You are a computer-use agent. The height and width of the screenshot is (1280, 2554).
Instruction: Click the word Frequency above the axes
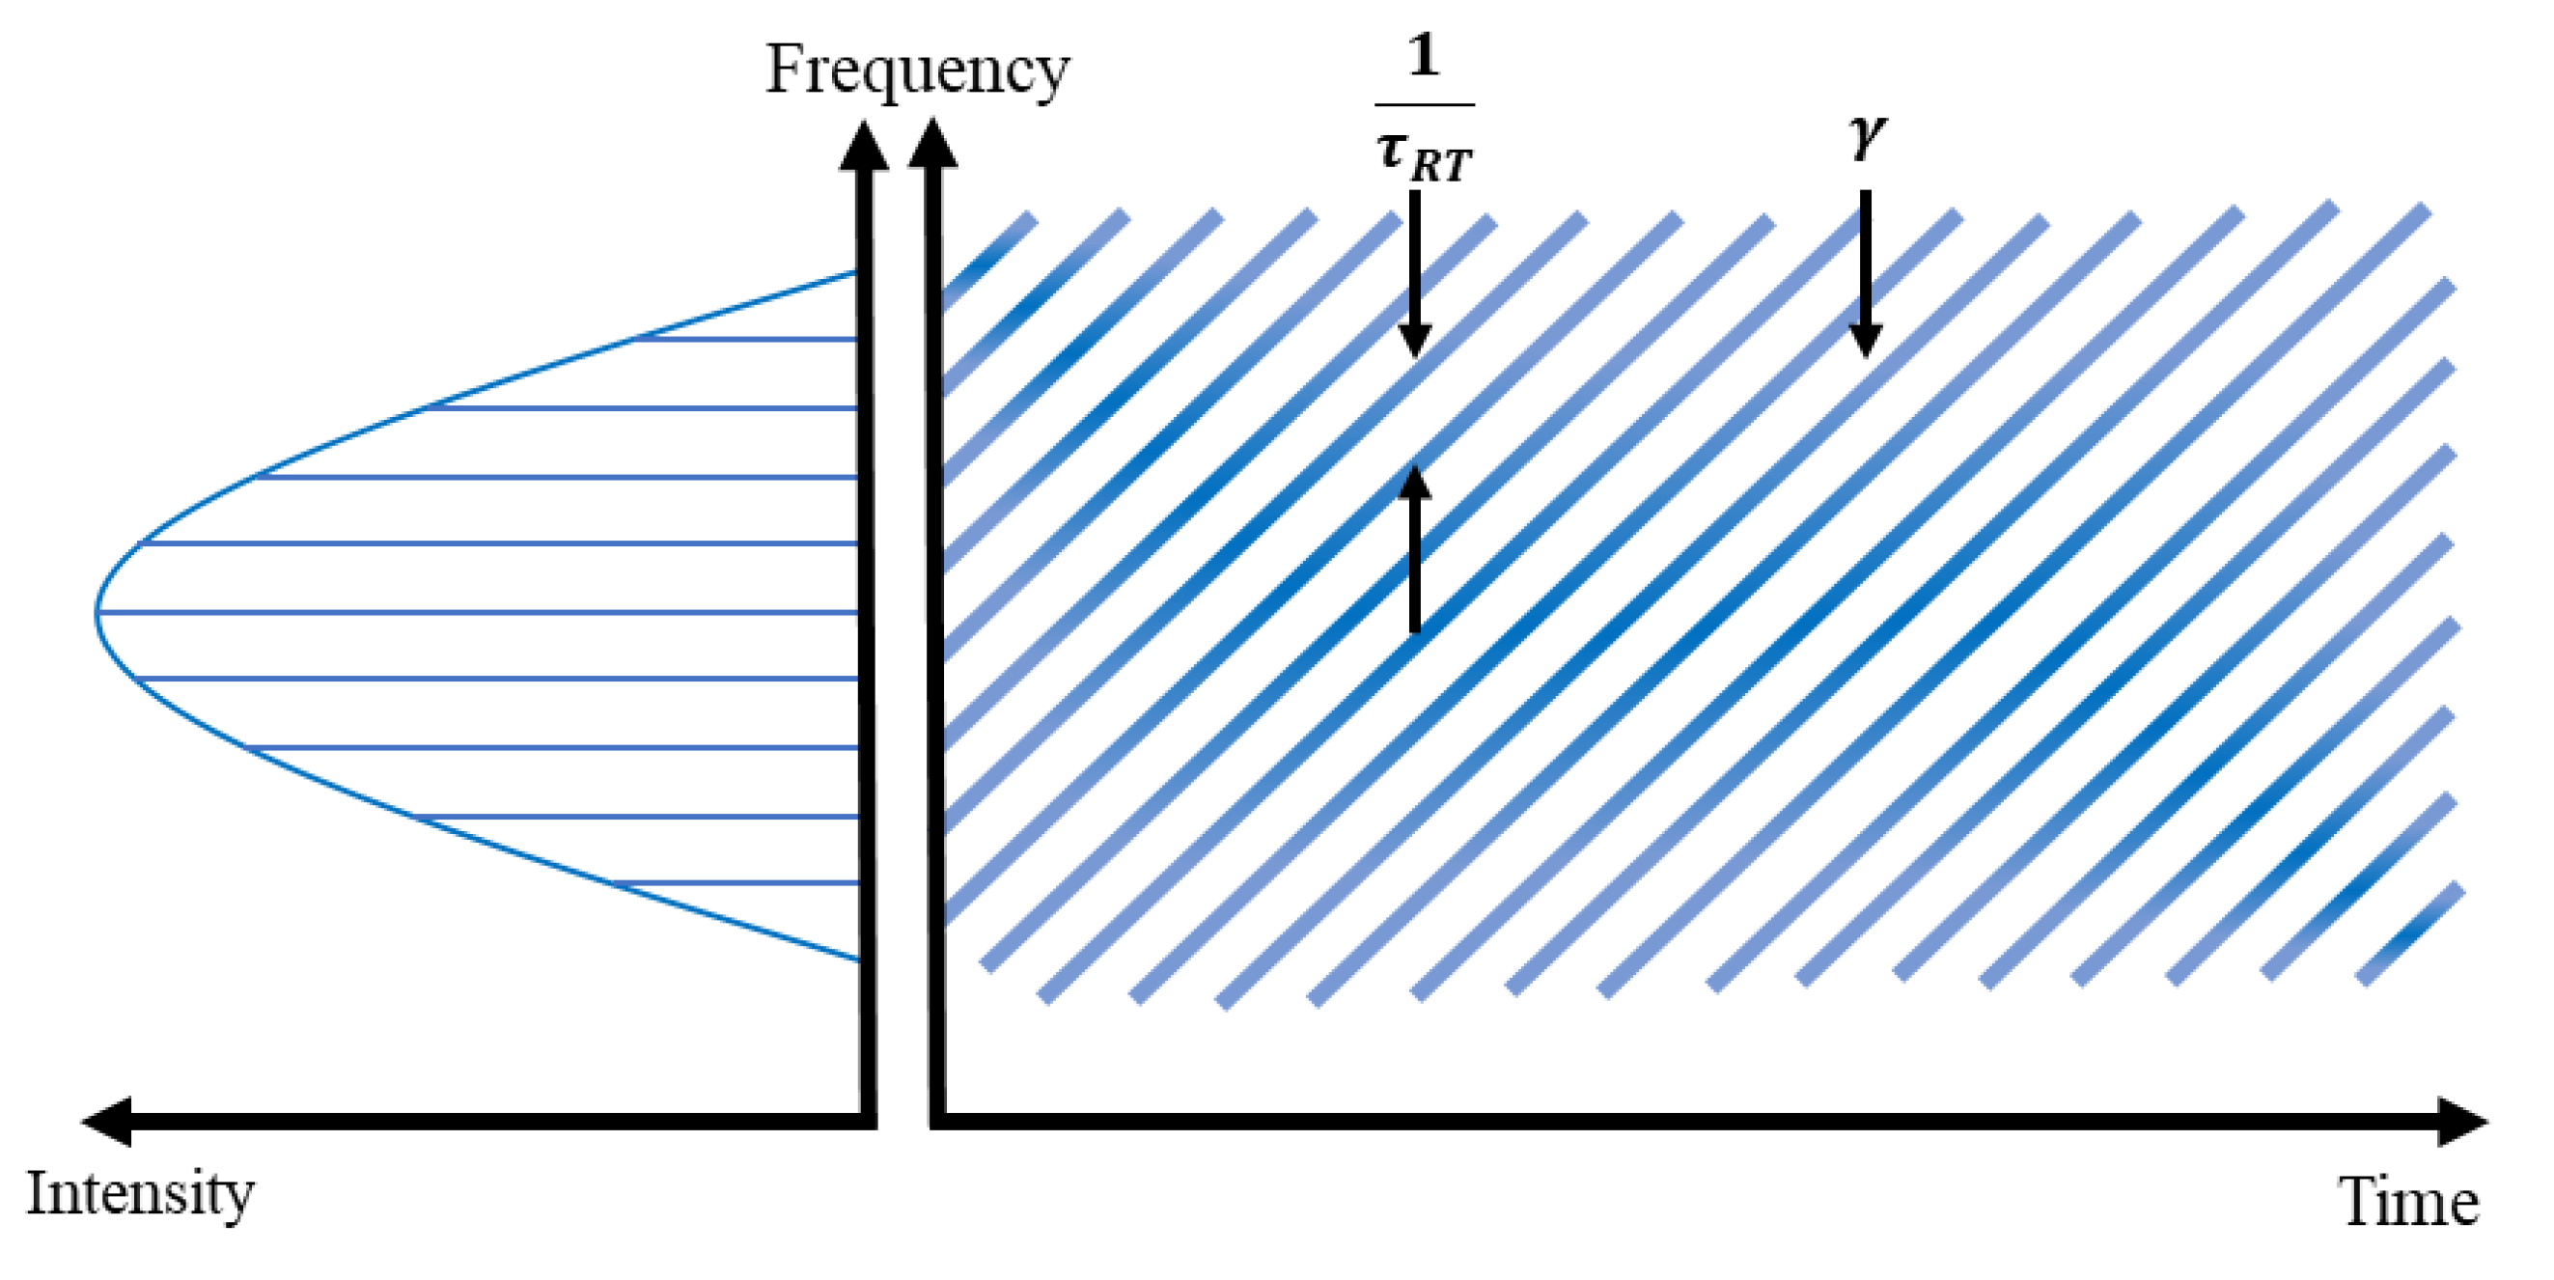tap(917, 71)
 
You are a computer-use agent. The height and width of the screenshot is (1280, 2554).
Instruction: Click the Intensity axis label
tap(140, 1194)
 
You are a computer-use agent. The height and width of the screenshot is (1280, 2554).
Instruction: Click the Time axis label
tap(2410, 1203)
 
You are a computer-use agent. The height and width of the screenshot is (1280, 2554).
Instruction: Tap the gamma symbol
tap(1867, 136)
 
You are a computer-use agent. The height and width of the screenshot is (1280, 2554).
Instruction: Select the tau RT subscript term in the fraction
tap(1425, 157)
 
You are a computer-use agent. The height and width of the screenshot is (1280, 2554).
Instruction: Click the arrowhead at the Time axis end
tap(2464, 1122)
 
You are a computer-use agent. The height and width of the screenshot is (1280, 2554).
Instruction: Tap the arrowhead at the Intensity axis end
tap(107, 1122)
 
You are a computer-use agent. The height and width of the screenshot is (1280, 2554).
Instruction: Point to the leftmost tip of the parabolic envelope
tap(98, 612)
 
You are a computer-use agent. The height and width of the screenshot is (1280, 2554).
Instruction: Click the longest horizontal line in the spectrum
tap(476, 613)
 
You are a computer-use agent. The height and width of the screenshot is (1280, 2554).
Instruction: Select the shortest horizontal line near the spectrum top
tap(745, 339)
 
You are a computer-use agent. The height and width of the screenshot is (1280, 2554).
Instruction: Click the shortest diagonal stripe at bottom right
tap(2410, 934)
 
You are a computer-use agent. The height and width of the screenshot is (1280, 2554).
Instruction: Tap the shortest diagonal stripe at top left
tap(987, 261)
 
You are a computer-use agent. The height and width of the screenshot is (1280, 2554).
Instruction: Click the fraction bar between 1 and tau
tap(1425, 104)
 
